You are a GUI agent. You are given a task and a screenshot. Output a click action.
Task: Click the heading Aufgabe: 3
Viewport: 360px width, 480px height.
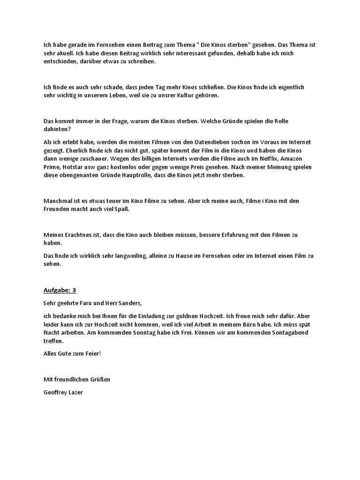point(60,290)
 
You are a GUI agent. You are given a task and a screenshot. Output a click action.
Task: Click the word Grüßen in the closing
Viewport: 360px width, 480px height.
point(99,379)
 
